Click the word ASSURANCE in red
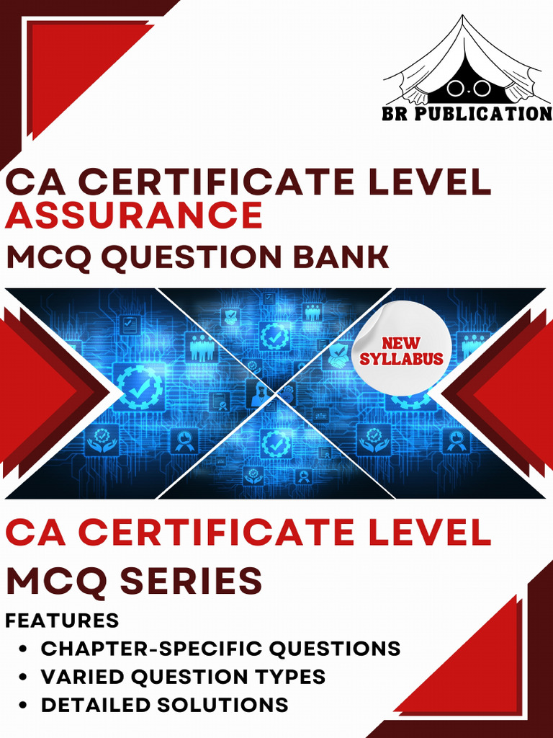tap(134, 215)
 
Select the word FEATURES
tap(63, 621)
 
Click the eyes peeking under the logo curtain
tap(469, 87)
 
